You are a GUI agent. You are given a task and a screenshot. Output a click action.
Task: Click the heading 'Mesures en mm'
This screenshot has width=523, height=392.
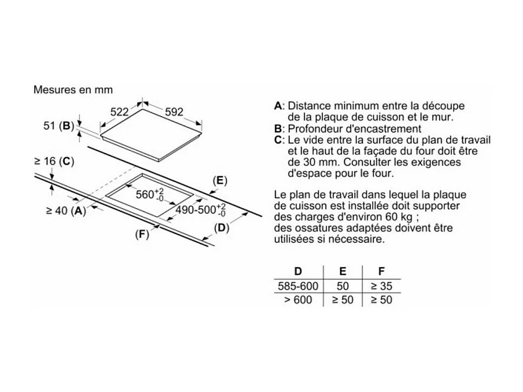tap(73, 89)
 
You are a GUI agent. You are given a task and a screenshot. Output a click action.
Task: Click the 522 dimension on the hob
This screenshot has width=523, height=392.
tap(119, 112)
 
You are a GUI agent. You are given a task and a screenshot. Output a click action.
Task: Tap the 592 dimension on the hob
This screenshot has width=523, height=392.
tap(174, 112)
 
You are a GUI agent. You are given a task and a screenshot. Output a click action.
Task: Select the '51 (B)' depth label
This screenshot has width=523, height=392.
tap(58, 126)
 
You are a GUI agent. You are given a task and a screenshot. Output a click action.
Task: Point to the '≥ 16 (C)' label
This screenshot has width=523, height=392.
tap(54, 161)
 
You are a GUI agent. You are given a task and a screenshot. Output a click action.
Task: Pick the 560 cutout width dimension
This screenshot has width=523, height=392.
tap(150, 194)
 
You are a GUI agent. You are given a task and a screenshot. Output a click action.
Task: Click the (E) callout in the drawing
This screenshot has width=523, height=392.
tap(219, 181)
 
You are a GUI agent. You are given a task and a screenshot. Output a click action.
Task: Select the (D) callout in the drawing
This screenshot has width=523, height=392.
tap(221, 228)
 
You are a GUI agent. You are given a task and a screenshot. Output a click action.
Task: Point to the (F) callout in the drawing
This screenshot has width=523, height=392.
tap(142, 234)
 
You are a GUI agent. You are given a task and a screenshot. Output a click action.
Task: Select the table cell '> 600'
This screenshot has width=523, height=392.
tap(298, 300)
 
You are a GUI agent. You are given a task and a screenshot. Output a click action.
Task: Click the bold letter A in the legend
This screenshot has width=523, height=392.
tap(278, 105)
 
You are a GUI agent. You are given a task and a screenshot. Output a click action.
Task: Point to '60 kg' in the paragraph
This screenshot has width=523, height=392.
tap(400, 217)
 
